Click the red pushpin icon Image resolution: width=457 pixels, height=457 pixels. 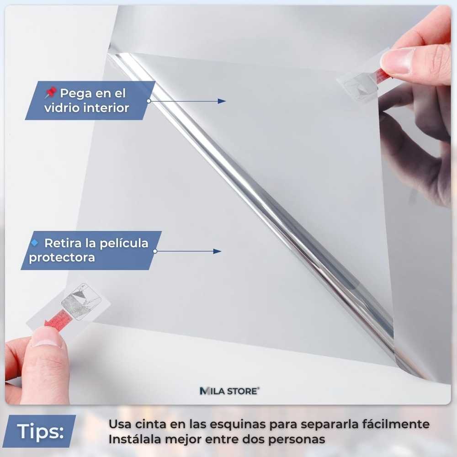point(50,94)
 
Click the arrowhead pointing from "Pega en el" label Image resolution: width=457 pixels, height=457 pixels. point(222,101)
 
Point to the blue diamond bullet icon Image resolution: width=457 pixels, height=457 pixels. point(35,242)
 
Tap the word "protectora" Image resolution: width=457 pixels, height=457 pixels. point(62,258)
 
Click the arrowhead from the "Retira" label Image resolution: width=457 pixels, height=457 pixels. point(217,251)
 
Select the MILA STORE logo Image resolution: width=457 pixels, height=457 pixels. point(229,391)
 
